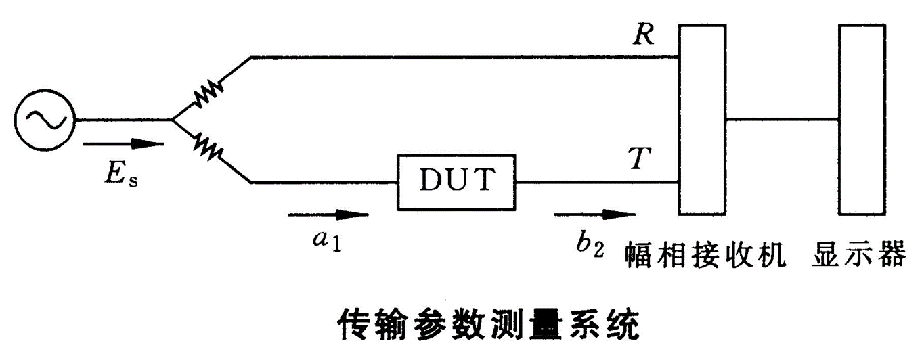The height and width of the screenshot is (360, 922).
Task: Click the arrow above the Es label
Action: (123, 143)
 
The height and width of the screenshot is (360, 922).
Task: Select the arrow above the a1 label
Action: (328, 216)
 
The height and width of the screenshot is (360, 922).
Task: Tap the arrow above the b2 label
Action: (594, 216)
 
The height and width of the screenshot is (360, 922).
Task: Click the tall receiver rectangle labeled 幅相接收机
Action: (702, 119)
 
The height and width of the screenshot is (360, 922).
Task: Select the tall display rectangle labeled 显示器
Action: (862, 119)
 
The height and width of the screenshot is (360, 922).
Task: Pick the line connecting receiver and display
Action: (782, 120)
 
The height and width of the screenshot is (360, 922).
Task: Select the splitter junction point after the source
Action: (173, 120)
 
